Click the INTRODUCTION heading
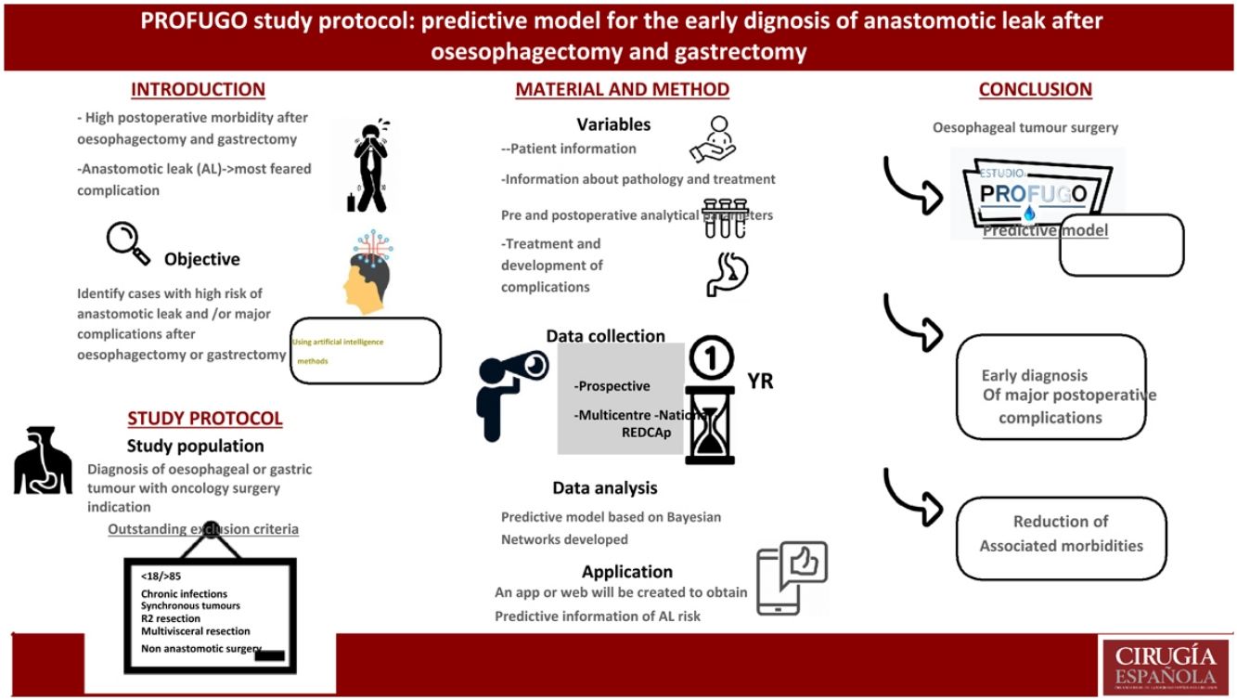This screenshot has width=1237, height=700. pos(198,90)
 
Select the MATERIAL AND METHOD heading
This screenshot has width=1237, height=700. pos(622,90)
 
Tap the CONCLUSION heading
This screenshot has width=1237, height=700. pos(1035,90)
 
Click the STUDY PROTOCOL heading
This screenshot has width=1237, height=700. pos(204,419)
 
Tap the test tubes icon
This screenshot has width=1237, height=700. pos(725,217)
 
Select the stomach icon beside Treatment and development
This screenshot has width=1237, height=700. pos(727,273)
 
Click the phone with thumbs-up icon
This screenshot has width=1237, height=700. pos(791,577)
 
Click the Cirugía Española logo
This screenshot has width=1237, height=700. pos(1166,665)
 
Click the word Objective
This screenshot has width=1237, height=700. pos(201,259)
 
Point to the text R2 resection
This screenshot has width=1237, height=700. pos(170,618)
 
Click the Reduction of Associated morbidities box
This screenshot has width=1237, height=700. pos(1061,535)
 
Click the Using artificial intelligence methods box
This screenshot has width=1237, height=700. pos(365,350)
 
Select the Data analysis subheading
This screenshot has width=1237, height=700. pos(604,487)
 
